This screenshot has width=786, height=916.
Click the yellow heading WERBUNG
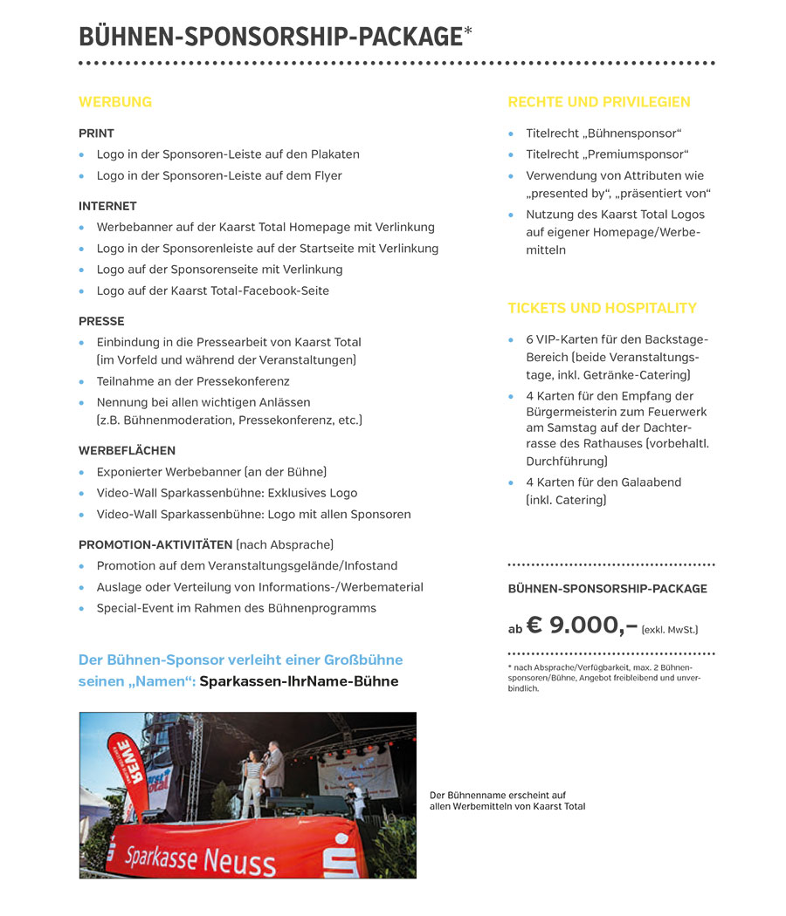point(115,102)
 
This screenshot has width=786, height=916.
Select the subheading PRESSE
point(101,321)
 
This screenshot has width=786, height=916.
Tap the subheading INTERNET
point(107,207)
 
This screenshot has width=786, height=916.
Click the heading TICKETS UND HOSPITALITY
point(602,308)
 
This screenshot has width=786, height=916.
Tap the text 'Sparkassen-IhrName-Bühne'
point(299,681)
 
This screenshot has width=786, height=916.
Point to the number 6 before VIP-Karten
point(530,339)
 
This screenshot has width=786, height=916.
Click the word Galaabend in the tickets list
point(651,482)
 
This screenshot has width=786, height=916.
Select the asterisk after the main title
point(468,33)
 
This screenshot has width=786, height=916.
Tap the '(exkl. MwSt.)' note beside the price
point(670,629)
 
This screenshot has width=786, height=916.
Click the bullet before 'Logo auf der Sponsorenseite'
point(82,270)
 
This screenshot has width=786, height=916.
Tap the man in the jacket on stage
point(274,768)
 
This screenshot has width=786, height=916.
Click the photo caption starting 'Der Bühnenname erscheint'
point(507,801)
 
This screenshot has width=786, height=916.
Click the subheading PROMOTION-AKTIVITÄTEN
point(155,544)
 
